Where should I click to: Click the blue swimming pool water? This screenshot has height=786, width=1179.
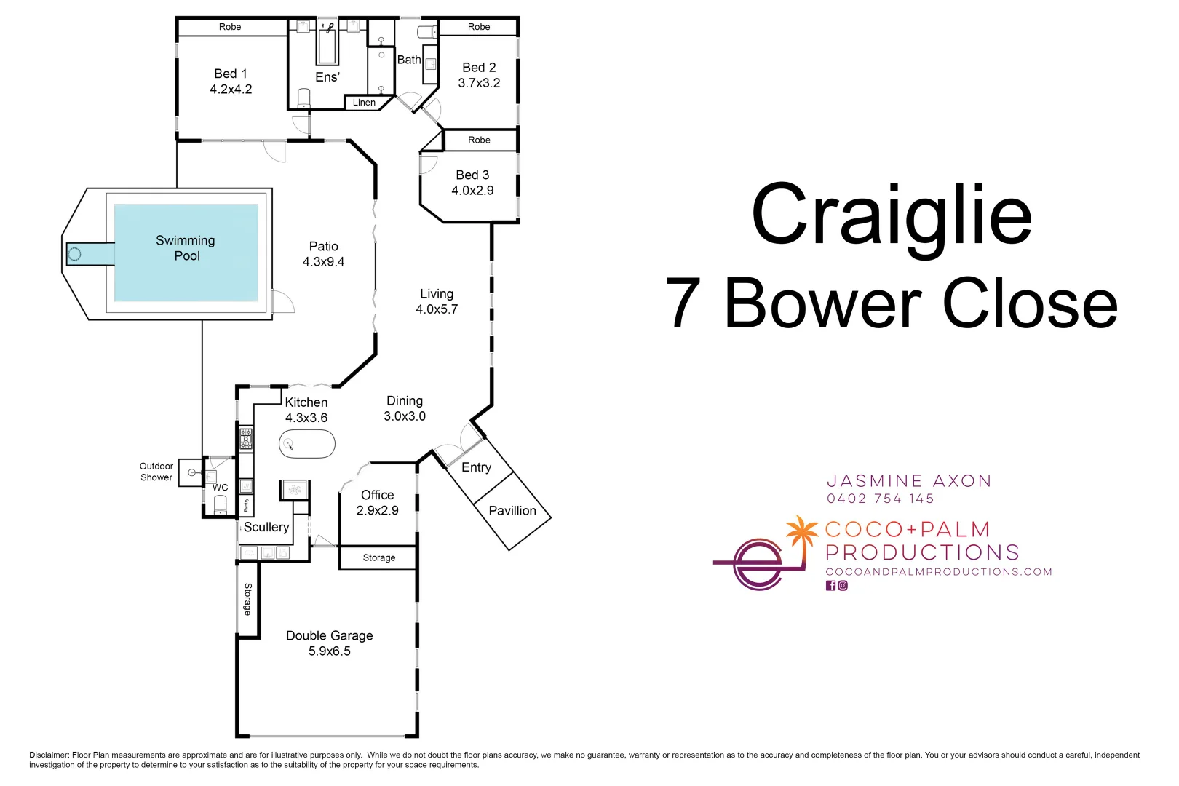pyautogui.click(x=186, y=253)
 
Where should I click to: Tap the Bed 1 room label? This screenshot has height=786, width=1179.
pyautogui.click(x=231, y=74)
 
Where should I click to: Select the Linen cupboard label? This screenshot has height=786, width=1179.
pyautogui.click(x=364, y=102)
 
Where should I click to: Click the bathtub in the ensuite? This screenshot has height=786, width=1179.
pyautogui.click(x=327, y=44)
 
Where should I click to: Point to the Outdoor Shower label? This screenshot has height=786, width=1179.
pyautogui.click(x=156, y=472)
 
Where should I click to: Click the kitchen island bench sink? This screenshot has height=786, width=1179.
pyautogui.click(x=288, y=445)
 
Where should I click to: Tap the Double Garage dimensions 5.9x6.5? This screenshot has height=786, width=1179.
pyautogui.click(x=330, y=651)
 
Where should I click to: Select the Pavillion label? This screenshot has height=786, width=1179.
pyautogui.click(x=512, y=511)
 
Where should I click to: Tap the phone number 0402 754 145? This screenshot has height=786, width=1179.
pyautogui.click(x=881, y=499)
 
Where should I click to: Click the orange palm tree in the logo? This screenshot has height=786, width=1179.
pyautogui.click(x=801, y=536)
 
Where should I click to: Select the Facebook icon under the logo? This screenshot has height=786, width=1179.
pyautogui.click(x=830, y=585)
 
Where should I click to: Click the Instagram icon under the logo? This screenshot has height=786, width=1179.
pyautogui.click(x=843, y=585)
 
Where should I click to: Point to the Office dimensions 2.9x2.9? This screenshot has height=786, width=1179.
pyautogui.click(x=378, y=511)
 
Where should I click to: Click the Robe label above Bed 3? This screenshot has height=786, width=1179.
pyautogui.click(x=479, y=140)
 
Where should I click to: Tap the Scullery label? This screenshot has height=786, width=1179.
pyautogui.click(x=266, y=527)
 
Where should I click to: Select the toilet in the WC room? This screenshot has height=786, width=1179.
pyautogui.click(x=220, y=505)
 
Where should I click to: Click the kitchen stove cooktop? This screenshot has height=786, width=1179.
pyautogui.click(x=246, y=439)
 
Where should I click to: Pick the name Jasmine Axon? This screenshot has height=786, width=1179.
pyautogui.click(x=909, y=480)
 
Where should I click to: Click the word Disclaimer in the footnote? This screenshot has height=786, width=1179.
pyautogui.click(x=49, y=755)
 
